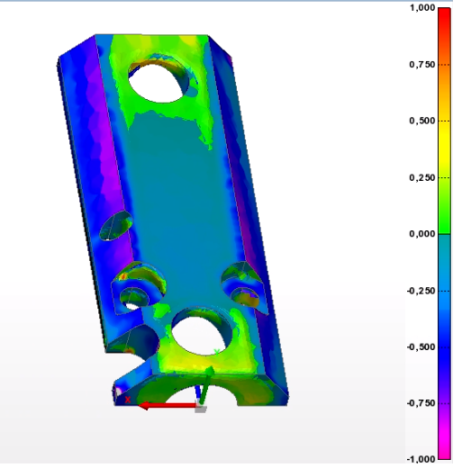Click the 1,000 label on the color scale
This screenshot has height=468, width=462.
click(x=422, y=8)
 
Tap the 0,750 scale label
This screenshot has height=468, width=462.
click(x=422, y=65)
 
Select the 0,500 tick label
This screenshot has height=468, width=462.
click(x=422, y=121)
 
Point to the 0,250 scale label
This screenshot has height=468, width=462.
click(x=422, y=177)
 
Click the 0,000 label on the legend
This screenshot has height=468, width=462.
click(x=422, y=234)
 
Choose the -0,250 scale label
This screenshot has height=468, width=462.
click(x=421, y=291)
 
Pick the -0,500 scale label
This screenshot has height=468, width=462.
click(x=421, y=347)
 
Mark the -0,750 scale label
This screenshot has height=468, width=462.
click(x=421, y=403)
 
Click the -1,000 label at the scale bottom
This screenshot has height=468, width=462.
click(x=421, y=460)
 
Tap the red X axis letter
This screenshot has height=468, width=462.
click(x=128, y=400)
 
